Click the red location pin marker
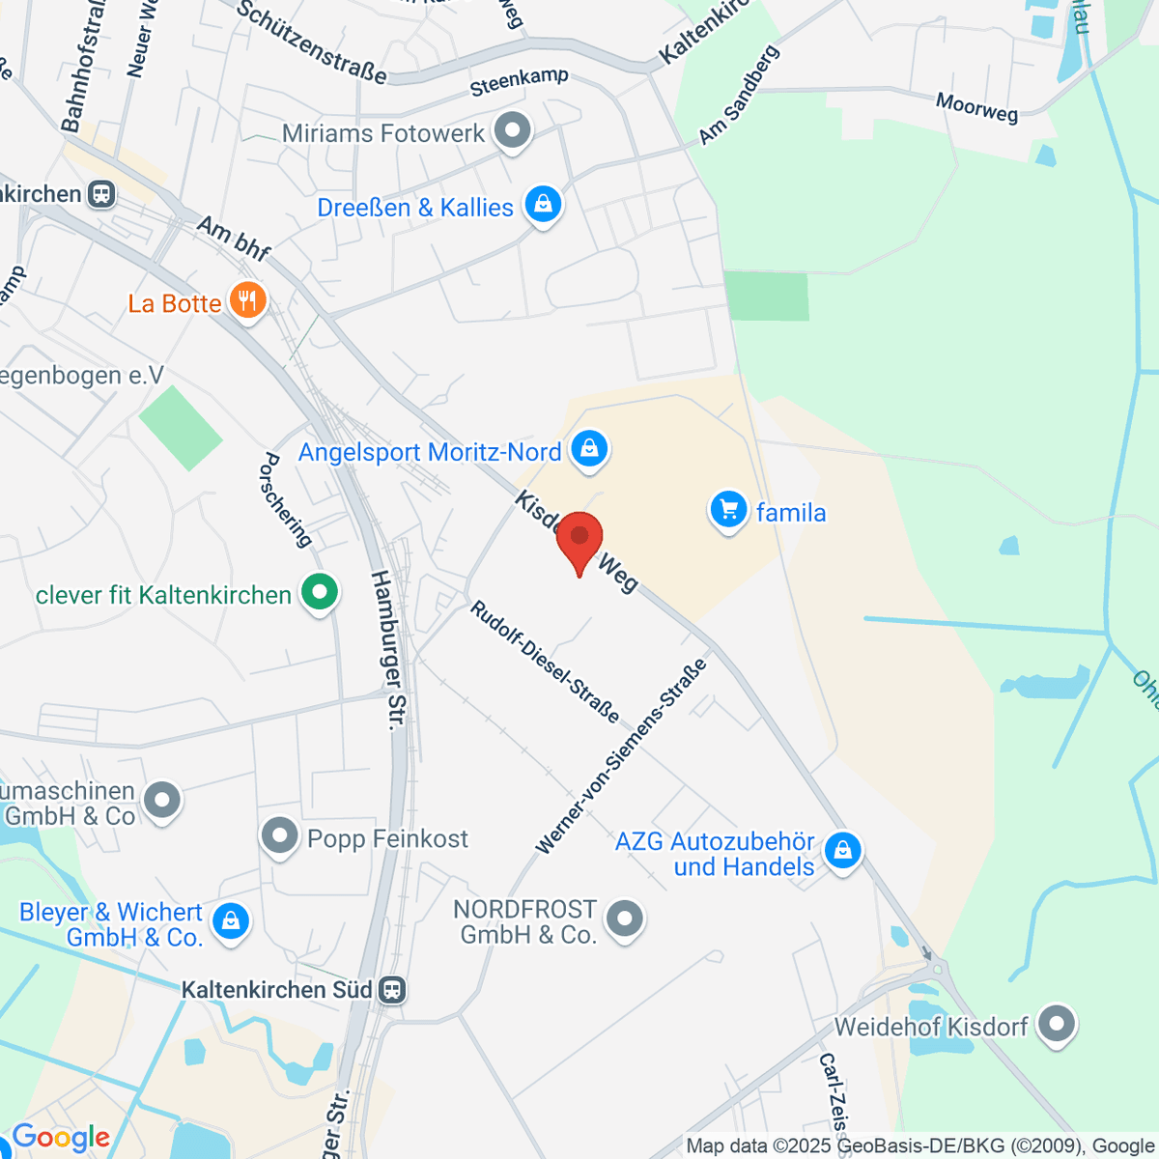tap(579, 540)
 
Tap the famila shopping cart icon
tap(728, 511)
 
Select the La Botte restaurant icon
tap(248, 302)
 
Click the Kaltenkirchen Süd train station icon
tap(392, 990)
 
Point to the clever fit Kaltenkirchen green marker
tap(320, 593)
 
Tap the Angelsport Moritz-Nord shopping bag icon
tap(588, 450)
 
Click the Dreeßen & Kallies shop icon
tap(543, 206)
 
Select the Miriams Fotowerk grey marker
tap(513, 131)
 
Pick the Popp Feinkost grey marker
tap(280, 837)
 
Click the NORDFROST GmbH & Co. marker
tap(625, 919)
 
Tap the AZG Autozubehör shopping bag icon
tap(843, 852)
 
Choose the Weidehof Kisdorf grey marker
tap(1057, 1025)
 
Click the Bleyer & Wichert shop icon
tap(231, 922)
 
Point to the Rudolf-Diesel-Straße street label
tap(545, 662)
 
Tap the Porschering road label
tap(286, 499)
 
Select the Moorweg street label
tap(976, 107)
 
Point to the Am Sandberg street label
tap(739, 96)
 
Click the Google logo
tap(61, 1138)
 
